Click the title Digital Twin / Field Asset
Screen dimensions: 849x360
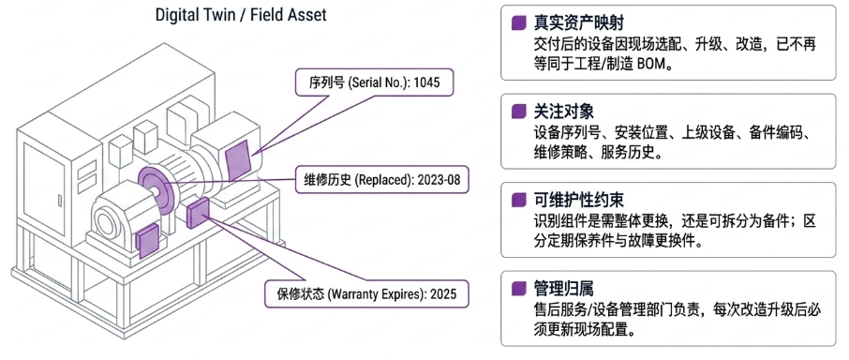pos(241,15)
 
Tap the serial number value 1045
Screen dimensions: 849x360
pos(425,84)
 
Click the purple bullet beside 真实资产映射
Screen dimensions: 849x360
pos(518,23)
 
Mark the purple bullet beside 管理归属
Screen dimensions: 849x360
pos(518,289)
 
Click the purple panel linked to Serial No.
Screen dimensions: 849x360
pos(239,160)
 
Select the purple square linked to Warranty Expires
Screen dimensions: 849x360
pos(198,213)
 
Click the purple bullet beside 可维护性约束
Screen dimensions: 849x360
pos(518,201)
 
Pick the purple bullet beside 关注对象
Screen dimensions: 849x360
pos(518,112)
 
